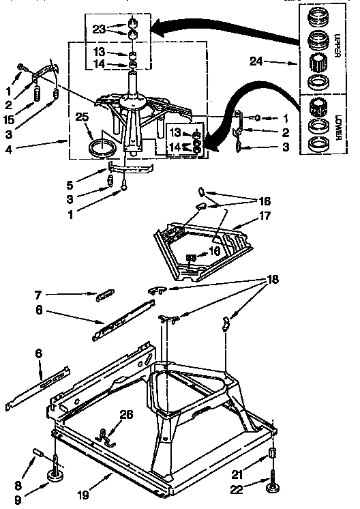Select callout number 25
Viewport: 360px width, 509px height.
point(82,118)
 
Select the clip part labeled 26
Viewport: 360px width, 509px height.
point(104,434)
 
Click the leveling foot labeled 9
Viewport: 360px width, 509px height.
point(55,475)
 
